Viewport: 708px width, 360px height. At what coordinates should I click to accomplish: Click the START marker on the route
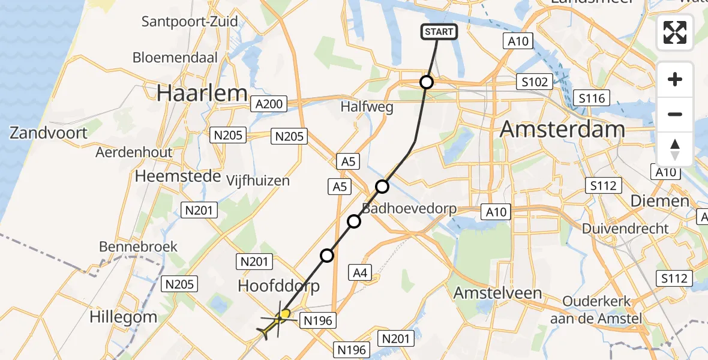pyautogui.click(x=439, y=32)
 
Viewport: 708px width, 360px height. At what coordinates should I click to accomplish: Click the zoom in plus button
pyautogui.click(x=675, y=80)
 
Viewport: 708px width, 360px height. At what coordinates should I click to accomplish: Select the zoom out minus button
pyautogui.click(x=675, y=114)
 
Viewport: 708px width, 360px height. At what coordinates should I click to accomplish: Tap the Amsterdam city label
pyautogui.click(x=562, y=129)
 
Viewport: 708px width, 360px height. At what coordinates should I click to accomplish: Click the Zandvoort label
pyautogui.click(x=49, y=133)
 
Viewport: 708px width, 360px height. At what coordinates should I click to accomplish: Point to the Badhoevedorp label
pyautogui.click(x=409, y=209)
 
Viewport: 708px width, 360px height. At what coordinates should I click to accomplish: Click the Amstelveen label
pyautogui.click(x=498, y=293)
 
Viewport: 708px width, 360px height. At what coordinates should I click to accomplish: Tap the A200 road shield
pyautogui.click(x=268, y=104)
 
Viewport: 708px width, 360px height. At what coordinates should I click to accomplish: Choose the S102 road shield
pyautogui.click(x=534, y=82)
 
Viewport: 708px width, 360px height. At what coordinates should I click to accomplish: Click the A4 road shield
pyautogui.click(x=359, y=274)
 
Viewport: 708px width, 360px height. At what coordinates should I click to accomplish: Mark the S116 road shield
pyautogui.click(x=592, y=98)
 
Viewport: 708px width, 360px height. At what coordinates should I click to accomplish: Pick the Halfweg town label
pyautogui.click(x=367, y=107)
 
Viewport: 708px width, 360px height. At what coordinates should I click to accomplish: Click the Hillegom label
pyautogui.click(x=123, y=317)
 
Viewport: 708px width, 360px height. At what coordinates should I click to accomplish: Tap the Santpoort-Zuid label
pyautogui.click(x=190, y=22)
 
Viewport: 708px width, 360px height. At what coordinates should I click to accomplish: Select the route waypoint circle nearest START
pyautogui.click(x=426, y=82)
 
